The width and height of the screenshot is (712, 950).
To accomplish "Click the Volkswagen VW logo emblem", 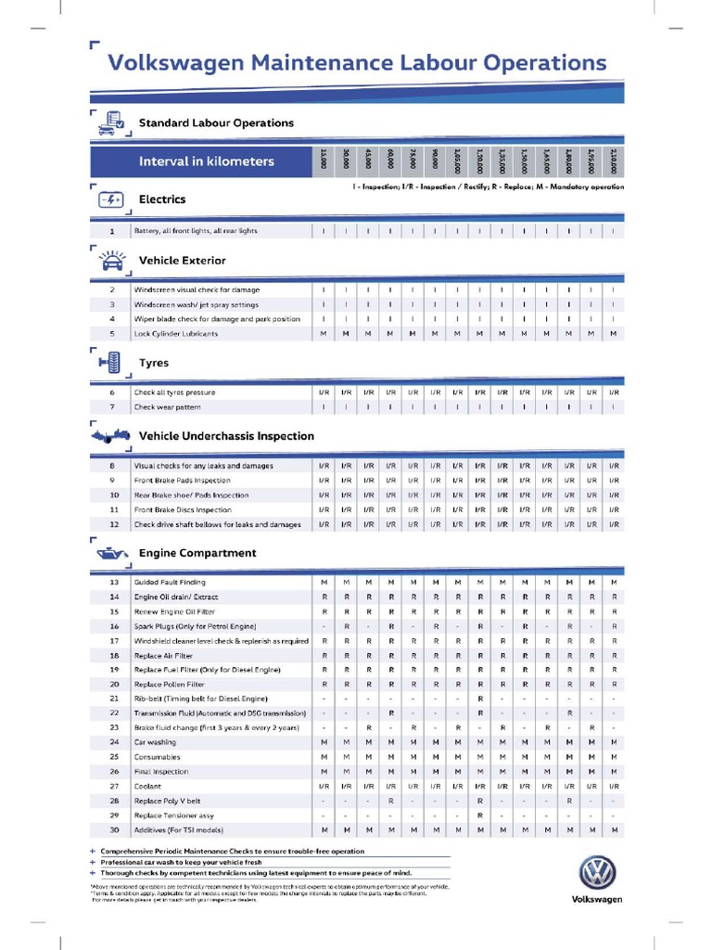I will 596,874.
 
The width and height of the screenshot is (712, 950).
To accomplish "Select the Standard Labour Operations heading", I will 216,122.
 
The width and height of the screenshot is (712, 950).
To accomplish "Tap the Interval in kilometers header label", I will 206,161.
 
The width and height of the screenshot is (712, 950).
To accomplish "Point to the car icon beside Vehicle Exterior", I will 110,261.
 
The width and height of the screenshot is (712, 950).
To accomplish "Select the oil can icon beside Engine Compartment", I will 109,554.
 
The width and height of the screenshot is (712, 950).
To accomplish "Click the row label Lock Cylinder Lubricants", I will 176,334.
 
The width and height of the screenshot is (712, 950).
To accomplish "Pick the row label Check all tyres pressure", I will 174,392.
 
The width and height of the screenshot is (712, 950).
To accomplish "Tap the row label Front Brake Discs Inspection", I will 183,509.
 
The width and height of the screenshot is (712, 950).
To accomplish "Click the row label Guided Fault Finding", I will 170,582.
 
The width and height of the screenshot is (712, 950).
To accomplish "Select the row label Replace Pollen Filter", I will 170,684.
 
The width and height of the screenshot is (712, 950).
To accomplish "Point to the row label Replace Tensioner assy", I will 173,815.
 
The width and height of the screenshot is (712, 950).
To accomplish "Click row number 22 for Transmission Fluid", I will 114,712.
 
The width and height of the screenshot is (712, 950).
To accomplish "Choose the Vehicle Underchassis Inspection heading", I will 226,436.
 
